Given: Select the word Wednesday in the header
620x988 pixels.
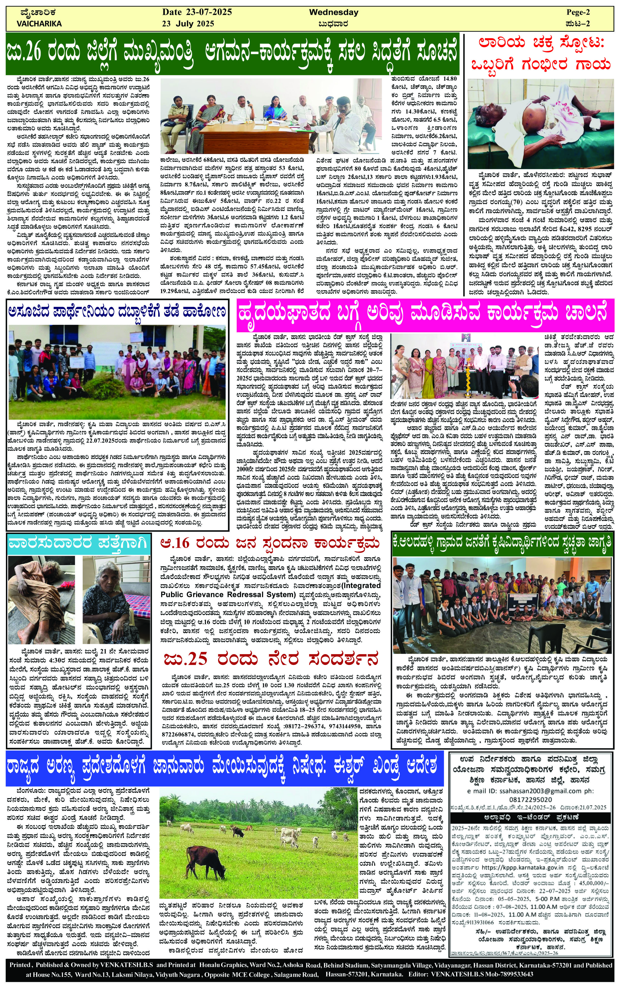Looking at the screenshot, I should [333, 12].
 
